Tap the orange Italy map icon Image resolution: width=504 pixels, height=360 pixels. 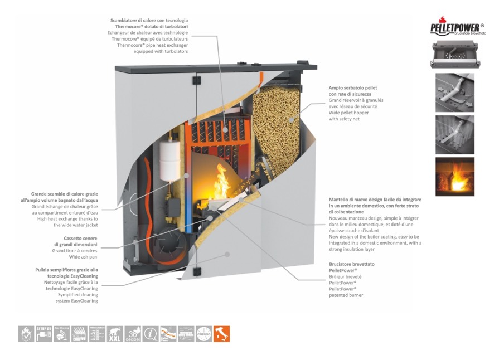coord(222,333)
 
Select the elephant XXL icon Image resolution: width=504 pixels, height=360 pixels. coord(115,333)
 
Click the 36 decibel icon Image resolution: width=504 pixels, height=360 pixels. coord(133,333)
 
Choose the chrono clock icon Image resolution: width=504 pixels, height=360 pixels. coord(204,333)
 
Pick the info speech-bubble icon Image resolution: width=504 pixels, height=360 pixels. coord(151,333)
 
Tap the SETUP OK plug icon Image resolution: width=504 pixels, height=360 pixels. coord(43,333)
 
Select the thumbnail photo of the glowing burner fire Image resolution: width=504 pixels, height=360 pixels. coord(454,177)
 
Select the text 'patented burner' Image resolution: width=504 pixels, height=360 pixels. coord(346,295)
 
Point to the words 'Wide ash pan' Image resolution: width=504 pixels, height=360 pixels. coord(83,257)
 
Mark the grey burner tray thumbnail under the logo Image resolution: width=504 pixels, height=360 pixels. coord(454,54)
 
